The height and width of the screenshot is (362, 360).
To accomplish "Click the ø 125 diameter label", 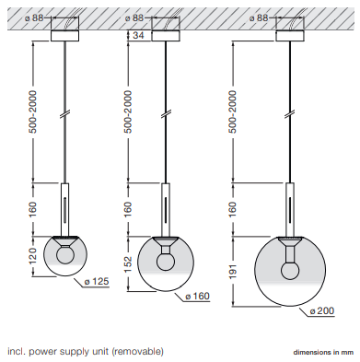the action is tap(97, 281).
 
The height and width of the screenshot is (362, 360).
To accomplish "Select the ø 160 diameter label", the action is tap(198, 296).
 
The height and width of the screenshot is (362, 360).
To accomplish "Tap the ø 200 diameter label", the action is tap(321, 311).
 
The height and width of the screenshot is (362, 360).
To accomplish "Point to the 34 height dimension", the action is tap(138, 35).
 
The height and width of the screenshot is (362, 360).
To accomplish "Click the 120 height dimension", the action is tap(32, 256).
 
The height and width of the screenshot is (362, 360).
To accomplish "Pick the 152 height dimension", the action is tap(128, 263).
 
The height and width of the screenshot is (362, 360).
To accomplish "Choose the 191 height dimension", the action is tap(233, 272).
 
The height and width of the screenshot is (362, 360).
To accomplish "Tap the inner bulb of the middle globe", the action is tap(166, 262).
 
